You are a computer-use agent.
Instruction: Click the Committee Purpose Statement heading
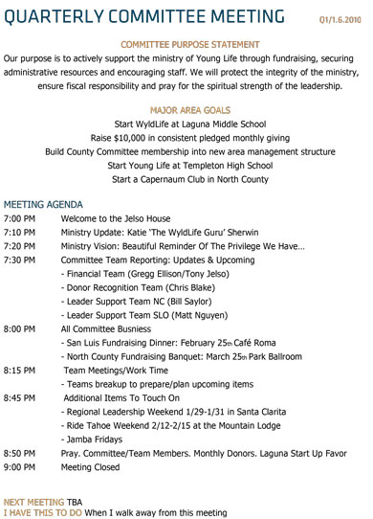click(x=190, y=45)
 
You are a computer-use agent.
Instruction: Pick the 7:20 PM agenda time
click(x=19, y=245)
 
